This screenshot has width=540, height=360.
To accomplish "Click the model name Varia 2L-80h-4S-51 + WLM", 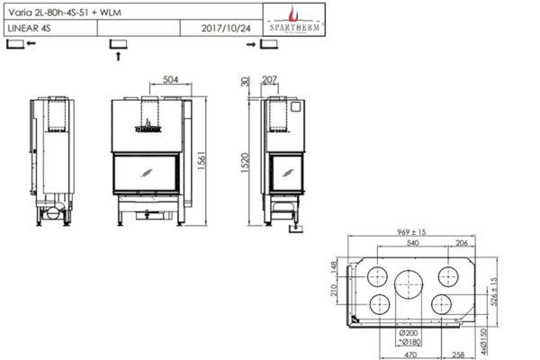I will (56, 12).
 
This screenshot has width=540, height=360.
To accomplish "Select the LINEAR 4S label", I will (31, 29).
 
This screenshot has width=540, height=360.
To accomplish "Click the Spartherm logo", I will (289, 20).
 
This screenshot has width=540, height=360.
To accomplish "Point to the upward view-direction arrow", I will (119, 56).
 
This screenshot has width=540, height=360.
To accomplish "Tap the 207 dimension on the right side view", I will (272, 80).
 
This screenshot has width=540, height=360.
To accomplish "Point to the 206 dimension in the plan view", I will (462, 244).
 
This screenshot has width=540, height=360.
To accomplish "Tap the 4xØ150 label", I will (494, 338).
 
